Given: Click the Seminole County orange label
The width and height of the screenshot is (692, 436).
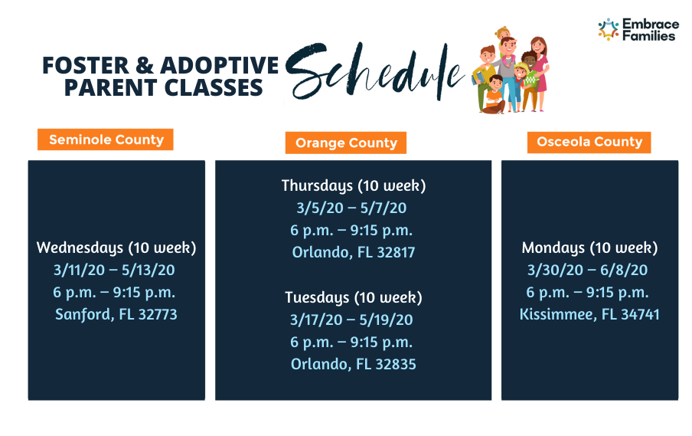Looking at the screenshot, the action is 106,139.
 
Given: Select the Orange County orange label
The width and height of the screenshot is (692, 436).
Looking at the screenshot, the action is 346,143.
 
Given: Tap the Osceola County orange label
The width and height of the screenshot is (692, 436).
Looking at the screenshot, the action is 589,142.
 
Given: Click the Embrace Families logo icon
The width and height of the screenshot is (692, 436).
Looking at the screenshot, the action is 609,30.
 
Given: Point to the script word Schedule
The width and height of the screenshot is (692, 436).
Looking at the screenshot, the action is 374,70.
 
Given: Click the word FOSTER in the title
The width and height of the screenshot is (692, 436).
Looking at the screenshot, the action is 86,65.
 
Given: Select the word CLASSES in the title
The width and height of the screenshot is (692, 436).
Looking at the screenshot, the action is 214,87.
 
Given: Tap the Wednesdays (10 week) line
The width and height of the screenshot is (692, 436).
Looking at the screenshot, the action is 116,248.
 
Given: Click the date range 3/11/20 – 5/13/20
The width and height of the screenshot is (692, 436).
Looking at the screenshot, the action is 114,270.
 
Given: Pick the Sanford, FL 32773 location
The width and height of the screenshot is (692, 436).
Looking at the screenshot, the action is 116,314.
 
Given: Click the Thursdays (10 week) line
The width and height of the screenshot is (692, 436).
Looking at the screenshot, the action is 354,185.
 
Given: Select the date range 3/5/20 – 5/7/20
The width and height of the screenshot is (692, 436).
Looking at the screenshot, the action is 351,208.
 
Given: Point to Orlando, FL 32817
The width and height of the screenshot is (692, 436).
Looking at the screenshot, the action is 354,252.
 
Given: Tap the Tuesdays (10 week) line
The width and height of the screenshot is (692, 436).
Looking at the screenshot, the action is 354,297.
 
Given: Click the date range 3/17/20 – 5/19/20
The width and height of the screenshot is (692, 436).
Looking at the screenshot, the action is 351,320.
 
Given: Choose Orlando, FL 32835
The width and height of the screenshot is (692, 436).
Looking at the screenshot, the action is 354,364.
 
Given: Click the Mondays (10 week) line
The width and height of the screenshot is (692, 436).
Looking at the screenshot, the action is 589,248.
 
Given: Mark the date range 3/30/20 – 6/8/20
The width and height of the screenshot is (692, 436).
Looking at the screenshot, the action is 587,270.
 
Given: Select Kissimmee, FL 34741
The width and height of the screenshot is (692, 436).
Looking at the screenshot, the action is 589,314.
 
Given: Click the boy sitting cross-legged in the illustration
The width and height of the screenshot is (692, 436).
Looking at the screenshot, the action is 495,95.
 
